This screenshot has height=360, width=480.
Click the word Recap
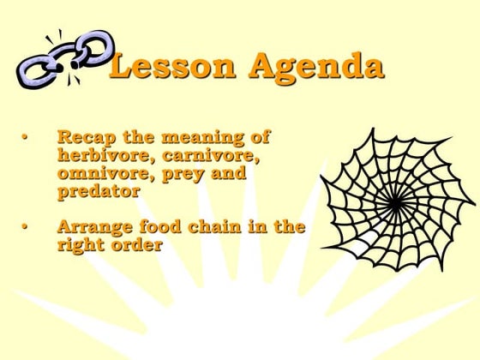click(82, 136)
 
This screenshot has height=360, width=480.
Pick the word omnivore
click(96, 173)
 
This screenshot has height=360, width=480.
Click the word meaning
click(199, 137)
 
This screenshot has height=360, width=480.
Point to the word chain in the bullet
click(213, 227)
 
